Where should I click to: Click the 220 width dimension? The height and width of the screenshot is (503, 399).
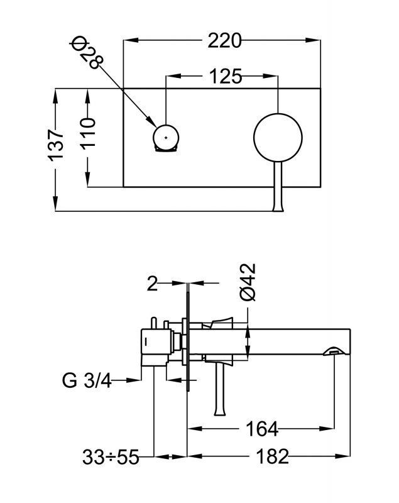(x=224, y=41)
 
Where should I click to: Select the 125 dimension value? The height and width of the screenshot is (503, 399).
(x=224, y=77)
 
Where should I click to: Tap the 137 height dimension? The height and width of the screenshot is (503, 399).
(x=57, y=145)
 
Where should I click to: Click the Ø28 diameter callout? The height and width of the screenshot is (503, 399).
(x=87, y=53)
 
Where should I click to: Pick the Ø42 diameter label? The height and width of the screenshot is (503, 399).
(x=248, y=282)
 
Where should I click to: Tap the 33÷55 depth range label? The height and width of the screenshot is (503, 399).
(x=110, y=456)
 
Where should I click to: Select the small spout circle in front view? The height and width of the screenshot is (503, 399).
(x=166, y=137)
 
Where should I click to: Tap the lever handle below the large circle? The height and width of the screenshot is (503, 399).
(x=278, y=189)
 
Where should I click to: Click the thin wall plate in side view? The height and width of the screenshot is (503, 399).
(x=187, y=340)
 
